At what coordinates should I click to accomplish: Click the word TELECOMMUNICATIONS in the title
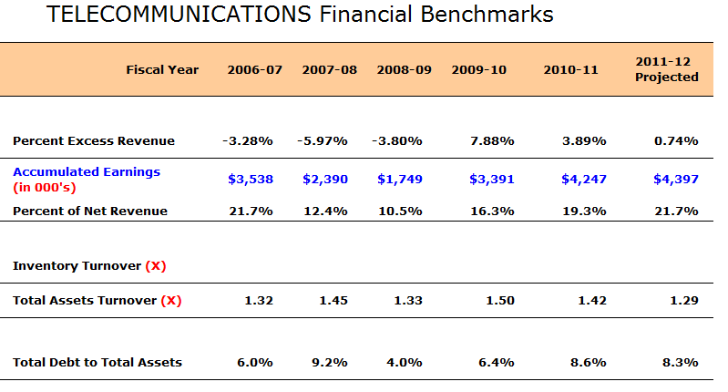tap(179, 14)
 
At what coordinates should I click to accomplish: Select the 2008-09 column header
tap(404, 69)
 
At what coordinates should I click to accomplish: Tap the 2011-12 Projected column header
tap(667, 69)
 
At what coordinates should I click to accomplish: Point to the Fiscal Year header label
tap(162, 69)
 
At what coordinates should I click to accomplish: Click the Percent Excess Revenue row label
tap(94, 140)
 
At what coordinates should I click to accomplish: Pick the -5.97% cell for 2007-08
tap(323, 140)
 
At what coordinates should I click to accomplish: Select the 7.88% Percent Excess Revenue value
tap(492, 140)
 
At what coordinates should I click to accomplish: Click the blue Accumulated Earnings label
tap(87, 172)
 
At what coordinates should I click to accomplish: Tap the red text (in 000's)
tap(45, 187)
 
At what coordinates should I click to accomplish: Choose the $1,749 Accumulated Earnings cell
tap(400, 179)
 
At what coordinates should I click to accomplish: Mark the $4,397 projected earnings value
tap(676, 179)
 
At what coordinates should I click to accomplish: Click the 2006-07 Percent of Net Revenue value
tap(251, 211)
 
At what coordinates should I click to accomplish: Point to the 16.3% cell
tap(492, 211)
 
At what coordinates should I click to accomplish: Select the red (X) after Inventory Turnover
tap(156, 265)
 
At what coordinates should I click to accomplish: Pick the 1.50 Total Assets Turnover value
tap(500, 301)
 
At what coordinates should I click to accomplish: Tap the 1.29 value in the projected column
tap(684, 301)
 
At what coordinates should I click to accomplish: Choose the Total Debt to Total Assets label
tap(97, 362)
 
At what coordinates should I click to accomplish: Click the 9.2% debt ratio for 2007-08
tap(330, 362)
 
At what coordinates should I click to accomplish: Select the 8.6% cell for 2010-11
tap(589, 362)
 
